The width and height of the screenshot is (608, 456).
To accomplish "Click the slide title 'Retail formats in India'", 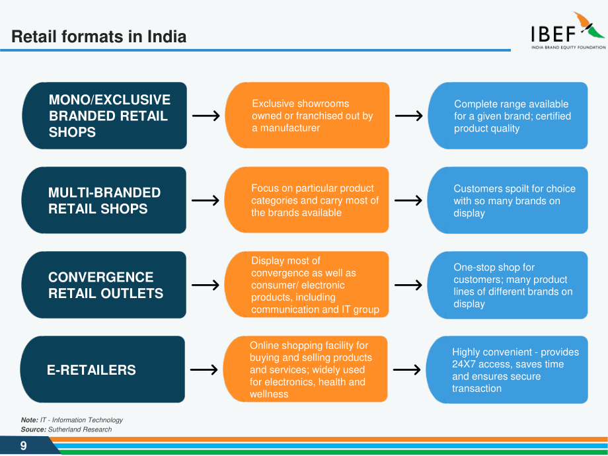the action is pyautogui.click(x=99, y=36).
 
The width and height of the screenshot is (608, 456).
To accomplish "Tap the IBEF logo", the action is pyautogui.click(x=568, y=30).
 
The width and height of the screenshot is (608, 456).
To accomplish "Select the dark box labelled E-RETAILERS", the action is pyautogui.click(x=102, y=369).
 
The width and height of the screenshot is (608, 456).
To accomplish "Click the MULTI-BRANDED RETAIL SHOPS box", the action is pyautogui.click(x=104, y=200).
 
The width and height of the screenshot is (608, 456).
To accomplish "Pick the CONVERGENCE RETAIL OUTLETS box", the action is pyautogui.click(x=104, y=285).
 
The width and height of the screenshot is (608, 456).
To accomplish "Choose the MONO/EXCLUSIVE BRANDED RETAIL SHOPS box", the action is pyautogui.click(x=104, y=116).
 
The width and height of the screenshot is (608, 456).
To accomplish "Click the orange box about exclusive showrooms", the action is pyautogui.click(x=307, y=115).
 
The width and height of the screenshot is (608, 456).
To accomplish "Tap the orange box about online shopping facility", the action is pyautogui.click(x=305, y=369).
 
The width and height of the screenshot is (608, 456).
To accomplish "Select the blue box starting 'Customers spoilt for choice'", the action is pyautogui.click(x=508, y=200).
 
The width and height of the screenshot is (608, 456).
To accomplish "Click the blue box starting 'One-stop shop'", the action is pyautogui.click(x=508, y=285).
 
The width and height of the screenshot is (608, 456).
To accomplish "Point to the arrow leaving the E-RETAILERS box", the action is pyautogui.click(x=204, y=369).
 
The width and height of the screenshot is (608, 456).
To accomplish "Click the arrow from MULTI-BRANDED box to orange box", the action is pyautogui.click(x=206, y=200).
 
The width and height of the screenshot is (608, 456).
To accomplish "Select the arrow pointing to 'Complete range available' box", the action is pyautogui.click(x=408, y=116).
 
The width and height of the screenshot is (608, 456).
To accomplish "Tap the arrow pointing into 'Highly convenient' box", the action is pyautogui.click(x=406, y=369).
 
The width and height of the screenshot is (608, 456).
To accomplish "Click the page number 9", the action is pyautogui.click(x=24, y=445).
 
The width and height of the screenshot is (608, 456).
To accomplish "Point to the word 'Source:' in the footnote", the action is pyautogui.click(x=33, y=430).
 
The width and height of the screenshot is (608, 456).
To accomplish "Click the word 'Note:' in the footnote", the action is pyautogui.click(x=30, y=420).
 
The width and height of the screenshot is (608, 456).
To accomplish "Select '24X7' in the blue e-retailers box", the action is pyautogui.click(x=464, y=364).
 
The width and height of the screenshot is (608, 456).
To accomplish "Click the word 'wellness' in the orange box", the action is pyautogui.click(x=269, y=394).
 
